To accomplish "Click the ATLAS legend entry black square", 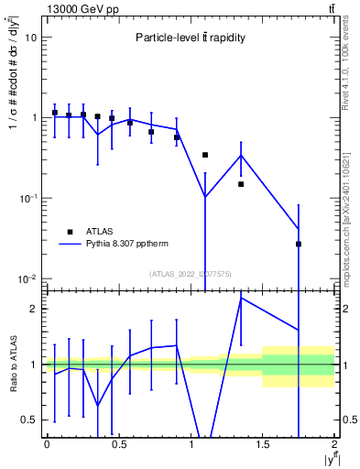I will click(68, 232).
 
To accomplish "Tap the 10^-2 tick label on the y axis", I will click(27, 278).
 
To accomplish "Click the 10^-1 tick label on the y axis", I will click(27, 198).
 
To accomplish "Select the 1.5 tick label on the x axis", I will click(263, 445).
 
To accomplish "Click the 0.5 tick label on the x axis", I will click(118, 445).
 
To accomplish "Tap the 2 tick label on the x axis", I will click(334, 445).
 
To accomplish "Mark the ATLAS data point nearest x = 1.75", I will click(299, 244).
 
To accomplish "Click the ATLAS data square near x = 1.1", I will click(205, 155).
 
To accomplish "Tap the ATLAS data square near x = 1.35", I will click(241, 184).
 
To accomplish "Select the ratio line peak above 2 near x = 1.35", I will click(241, 298).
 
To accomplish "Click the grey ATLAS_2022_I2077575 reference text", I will click(190, 273).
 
